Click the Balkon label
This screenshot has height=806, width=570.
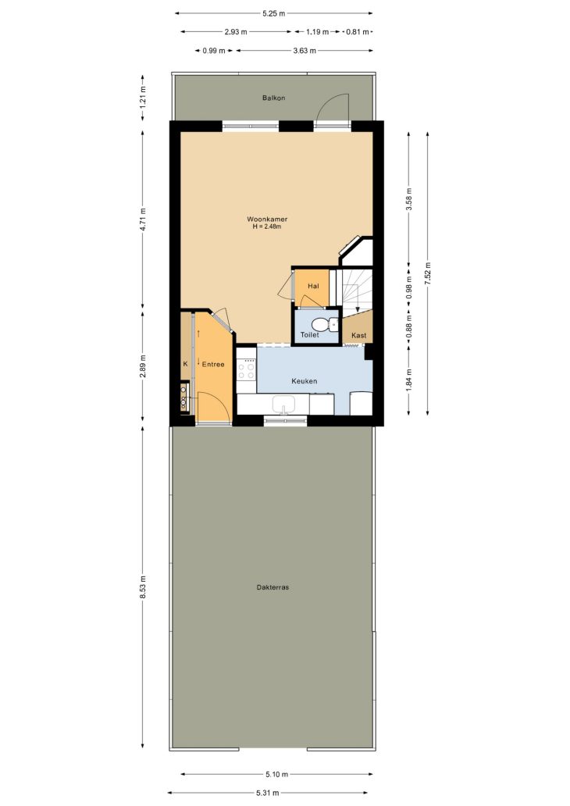(x=273, y=98)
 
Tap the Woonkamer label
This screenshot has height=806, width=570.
(x=267, y=219)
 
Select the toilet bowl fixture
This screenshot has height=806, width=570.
(x=323, y=324)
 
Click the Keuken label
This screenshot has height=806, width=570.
(x=305, y=381)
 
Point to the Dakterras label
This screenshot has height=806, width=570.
(x=273, y=587)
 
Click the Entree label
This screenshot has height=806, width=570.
(x=213, y=365)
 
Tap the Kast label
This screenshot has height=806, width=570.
(x=358, y=336)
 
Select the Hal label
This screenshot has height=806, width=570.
(x=314, y=286)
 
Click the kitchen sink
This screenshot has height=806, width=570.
(x=283, y=405)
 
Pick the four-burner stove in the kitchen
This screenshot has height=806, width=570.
(x=247, y=369)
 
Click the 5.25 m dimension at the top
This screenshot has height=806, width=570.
(x=273, y=14)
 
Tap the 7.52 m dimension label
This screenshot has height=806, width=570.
(x=428, y=273)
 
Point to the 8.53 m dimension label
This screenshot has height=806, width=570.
(x=143, y=587)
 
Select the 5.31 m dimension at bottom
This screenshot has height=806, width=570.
(x=268, y=794)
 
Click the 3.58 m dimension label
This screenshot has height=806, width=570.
(x=409, y=199)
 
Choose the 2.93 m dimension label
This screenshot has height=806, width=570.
(x=235, y=32)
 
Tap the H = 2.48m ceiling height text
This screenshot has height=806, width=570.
(x=267, y=226)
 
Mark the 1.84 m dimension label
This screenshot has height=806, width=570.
(x=409, y=380)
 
